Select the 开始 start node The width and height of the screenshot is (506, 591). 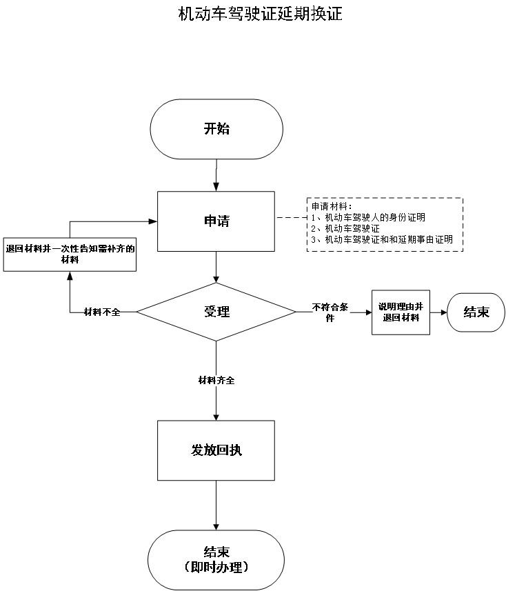click(x=216, y=129)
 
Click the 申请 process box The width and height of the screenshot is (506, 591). click(x=216, y=221)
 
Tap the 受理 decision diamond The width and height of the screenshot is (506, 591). click(x=216, y=312)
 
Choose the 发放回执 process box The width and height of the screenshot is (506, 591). click(x=216, y=450)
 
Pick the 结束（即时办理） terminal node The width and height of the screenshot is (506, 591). click(x=216, y=559)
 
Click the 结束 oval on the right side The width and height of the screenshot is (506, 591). click(x=476, y=312)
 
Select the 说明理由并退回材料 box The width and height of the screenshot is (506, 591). click(x=401, y=312)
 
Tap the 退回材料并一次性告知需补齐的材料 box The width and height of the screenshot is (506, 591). click(x=69, y=254)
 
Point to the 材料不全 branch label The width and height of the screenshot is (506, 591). click(x=102, y=312)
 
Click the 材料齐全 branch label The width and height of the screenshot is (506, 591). click(x=216, y=381)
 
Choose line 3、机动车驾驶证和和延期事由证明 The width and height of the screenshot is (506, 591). click(x=382, y=239)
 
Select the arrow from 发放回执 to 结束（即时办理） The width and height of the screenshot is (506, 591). click(x=216, y=505)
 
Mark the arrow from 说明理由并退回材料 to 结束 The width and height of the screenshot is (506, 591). click(x=438, y=312)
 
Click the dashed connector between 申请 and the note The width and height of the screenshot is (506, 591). click(x=291, y=217)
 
